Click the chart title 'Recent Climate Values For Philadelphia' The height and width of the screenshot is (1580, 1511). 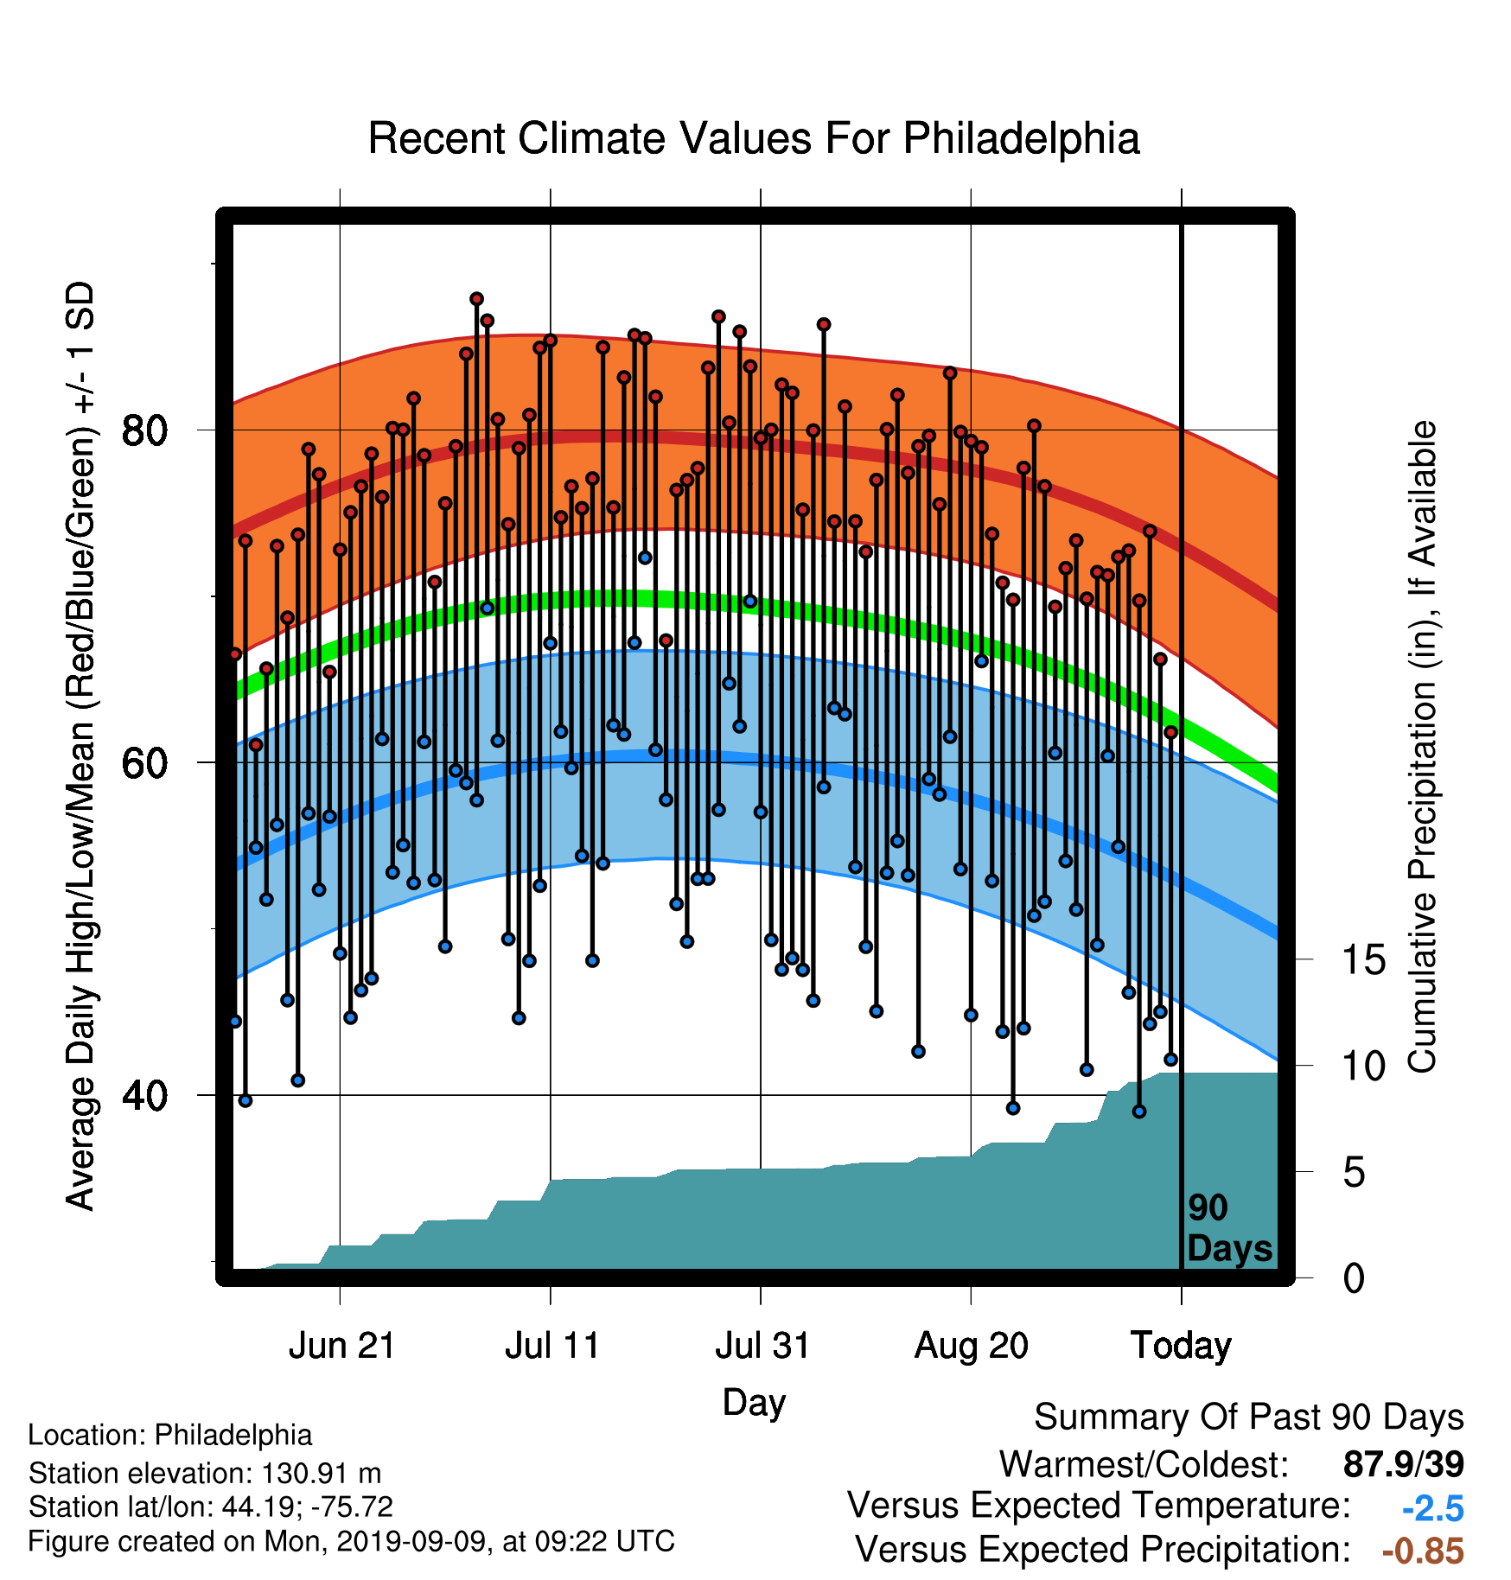tap(754, 138)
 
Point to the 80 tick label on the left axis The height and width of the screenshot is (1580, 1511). tap(145, 430)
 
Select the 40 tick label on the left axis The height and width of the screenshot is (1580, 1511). tap(145, 1095)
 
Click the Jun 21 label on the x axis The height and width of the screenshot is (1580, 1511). tap(341, 1346)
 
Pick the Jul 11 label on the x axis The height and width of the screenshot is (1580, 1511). tap(552, 1346)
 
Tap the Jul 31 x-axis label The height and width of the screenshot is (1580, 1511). tap(762, 1346)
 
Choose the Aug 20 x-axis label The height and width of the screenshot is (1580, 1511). tap(972, 1346)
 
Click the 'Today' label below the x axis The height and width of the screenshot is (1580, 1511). tap(1182, 1346)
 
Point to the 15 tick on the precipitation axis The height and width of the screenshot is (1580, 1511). tap(1364, 959)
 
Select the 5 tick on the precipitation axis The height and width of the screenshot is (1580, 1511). tap(1355, 1173)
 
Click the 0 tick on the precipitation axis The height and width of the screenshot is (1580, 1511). tap(1355, 1278)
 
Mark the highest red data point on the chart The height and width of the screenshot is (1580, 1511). tap(476, 299)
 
